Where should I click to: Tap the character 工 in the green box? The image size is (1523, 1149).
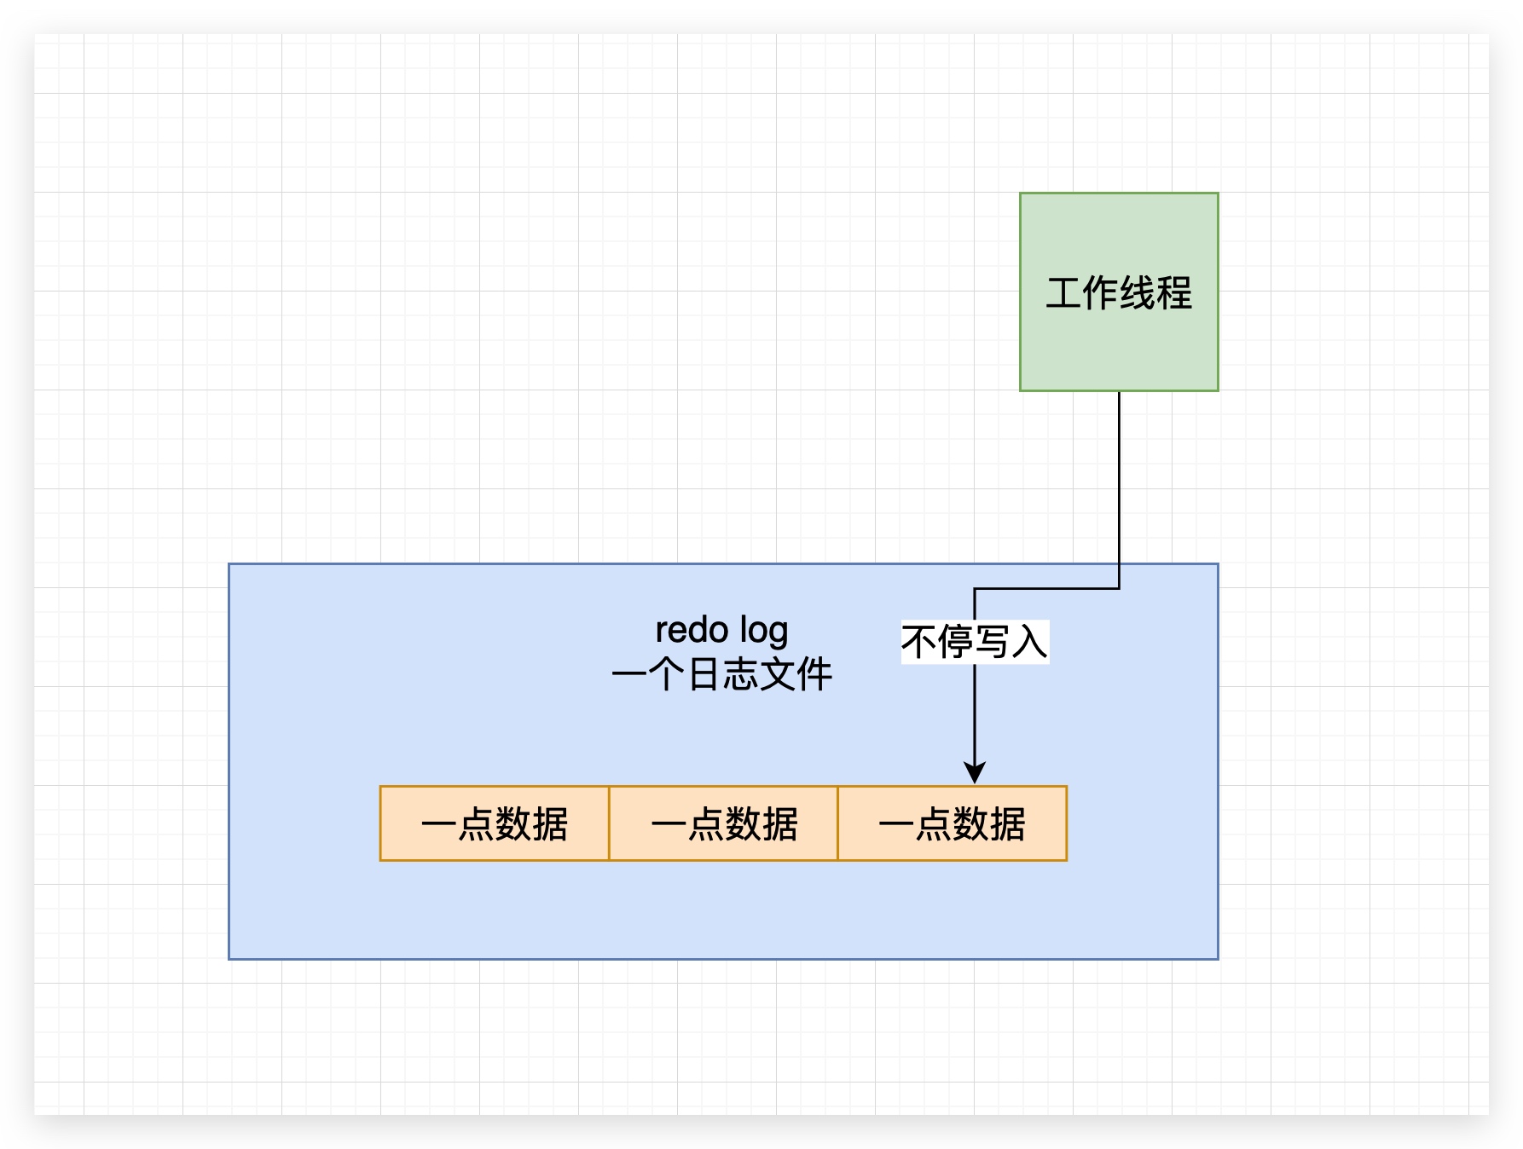tap(1063, 293)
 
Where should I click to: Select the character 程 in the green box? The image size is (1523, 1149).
tap(1174, 293)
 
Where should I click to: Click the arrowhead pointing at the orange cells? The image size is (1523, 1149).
tap(974, 772)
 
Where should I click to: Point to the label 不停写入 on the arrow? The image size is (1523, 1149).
tap(974, 642)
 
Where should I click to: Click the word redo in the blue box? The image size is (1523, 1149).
tap(692, 631)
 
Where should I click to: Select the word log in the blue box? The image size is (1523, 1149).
tap(764, 632)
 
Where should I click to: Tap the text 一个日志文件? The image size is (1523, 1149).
tap(721, 674)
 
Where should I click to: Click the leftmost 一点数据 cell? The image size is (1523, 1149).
tap(495, 823)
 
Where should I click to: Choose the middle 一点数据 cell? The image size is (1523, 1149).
tap(723, 823)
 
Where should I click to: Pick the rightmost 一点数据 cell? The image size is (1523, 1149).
tap(952, 823)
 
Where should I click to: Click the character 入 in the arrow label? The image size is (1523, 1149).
tap(1029, 642)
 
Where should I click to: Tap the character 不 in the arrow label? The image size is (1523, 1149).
tap(919, 642)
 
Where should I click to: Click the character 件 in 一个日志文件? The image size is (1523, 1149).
tap(814, 674)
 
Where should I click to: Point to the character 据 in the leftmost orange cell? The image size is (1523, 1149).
tap(550, 824)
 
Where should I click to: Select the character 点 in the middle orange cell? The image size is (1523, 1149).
tap(705, 824)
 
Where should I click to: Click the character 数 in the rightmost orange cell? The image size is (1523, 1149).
tap(970, 824)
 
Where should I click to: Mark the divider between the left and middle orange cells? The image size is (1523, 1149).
tap(609, 823)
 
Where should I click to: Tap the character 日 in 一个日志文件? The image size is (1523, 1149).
tap(704, 674)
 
